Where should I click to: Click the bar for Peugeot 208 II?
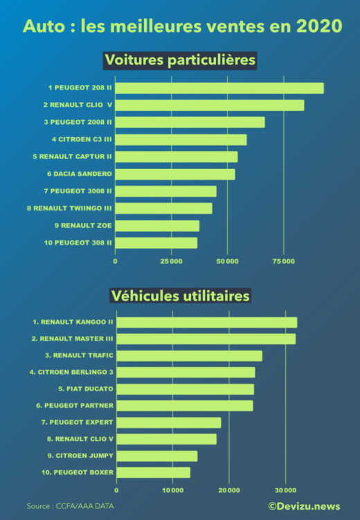(219, 88)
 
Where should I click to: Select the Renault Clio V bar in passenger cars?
(210, 105)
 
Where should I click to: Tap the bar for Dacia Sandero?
(175, 174)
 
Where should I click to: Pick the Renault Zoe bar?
(157, 226)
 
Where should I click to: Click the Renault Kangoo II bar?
(206, 322)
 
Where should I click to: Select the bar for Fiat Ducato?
(185, 389)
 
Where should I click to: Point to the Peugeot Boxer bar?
(153, 472)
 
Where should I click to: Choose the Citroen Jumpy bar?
(156, 456)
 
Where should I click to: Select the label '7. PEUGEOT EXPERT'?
(77, 422)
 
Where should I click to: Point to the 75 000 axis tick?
(284, 261)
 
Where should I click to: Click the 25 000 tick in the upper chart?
(171, 261)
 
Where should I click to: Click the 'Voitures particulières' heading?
(180, 60)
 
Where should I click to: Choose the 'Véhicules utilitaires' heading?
(180, 296)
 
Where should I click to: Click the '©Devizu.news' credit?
(304, 507)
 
